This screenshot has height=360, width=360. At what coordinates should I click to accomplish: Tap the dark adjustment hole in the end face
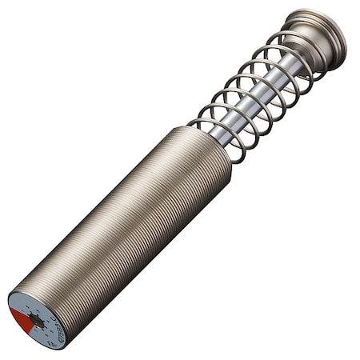[x=36, y=321]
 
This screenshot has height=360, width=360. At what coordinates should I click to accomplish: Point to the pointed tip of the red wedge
[x=32, y=319]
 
